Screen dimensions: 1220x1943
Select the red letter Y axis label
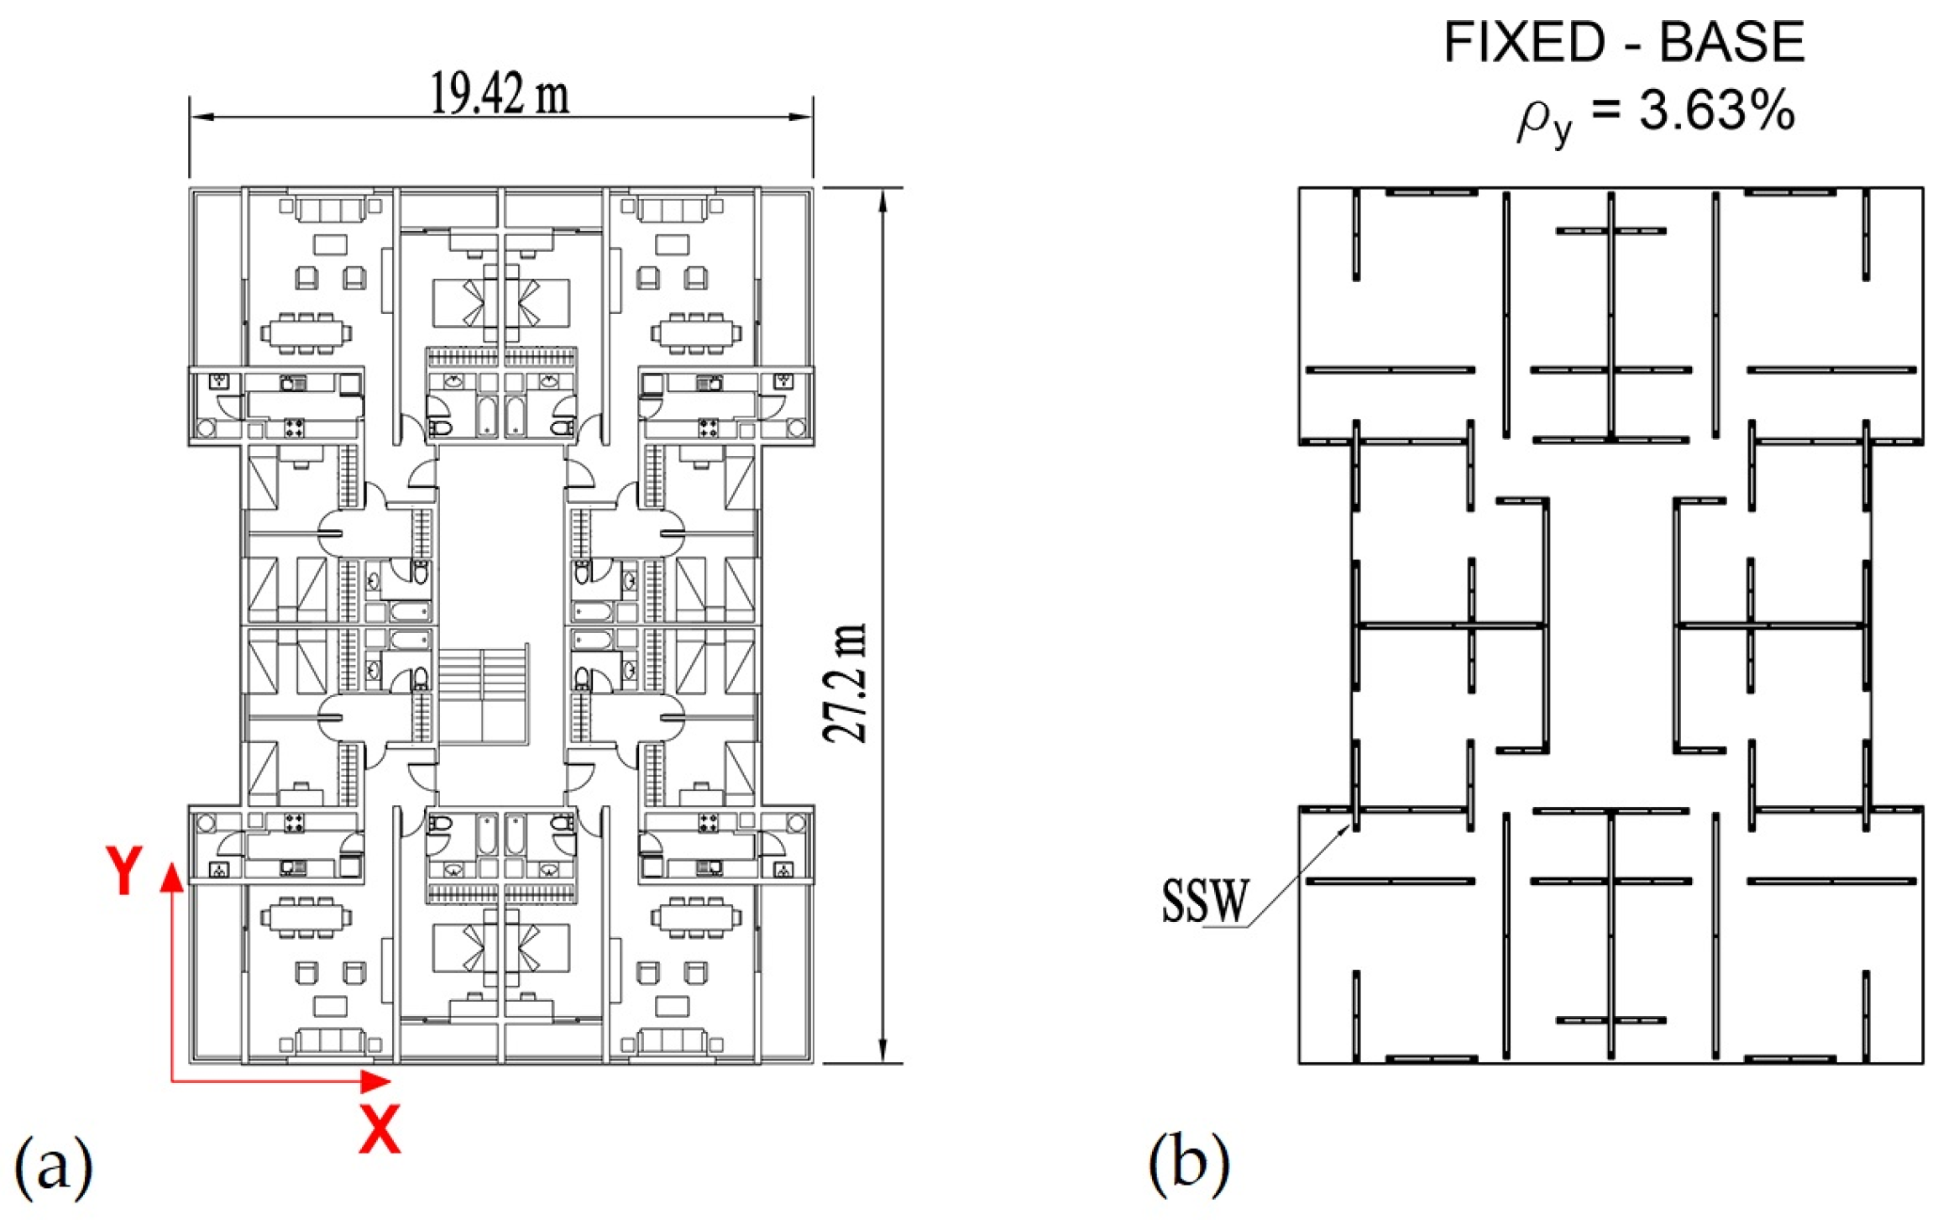124,871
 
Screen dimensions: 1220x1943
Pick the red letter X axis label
380,1129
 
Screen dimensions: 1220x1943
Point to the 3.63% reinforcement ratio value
1717,111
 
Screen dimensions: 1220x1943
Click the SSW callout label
1205,901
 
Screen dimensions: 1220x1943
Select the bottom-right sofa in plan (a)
671,1042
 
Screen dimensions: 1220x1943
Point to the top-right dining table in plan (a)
697,332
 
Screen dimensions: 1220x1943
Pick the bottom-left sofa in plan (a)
331,1042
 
